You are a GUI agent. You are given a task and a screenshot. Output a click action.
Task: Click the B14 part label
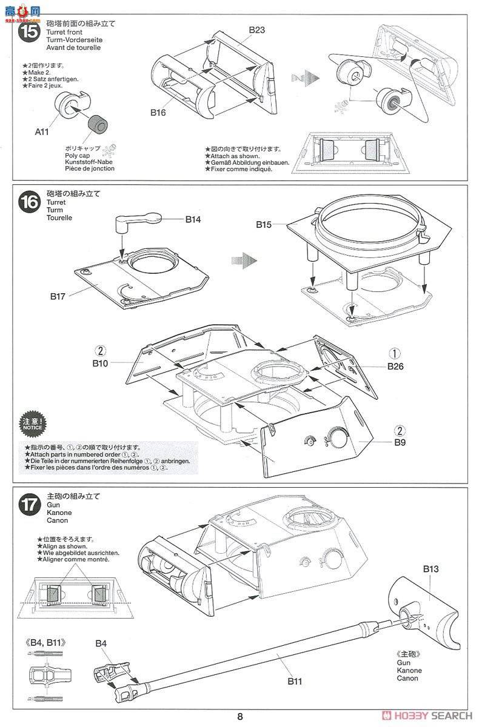[193, 220]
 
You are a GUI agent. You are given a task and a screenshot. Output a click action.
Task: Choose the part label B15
[264, 224]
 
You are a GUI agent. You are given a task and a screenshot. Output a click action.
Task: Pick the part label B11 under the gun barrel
[295, 682]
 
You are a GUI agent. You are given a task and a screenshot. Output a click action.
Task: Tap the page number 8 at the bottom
[240, 717]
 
